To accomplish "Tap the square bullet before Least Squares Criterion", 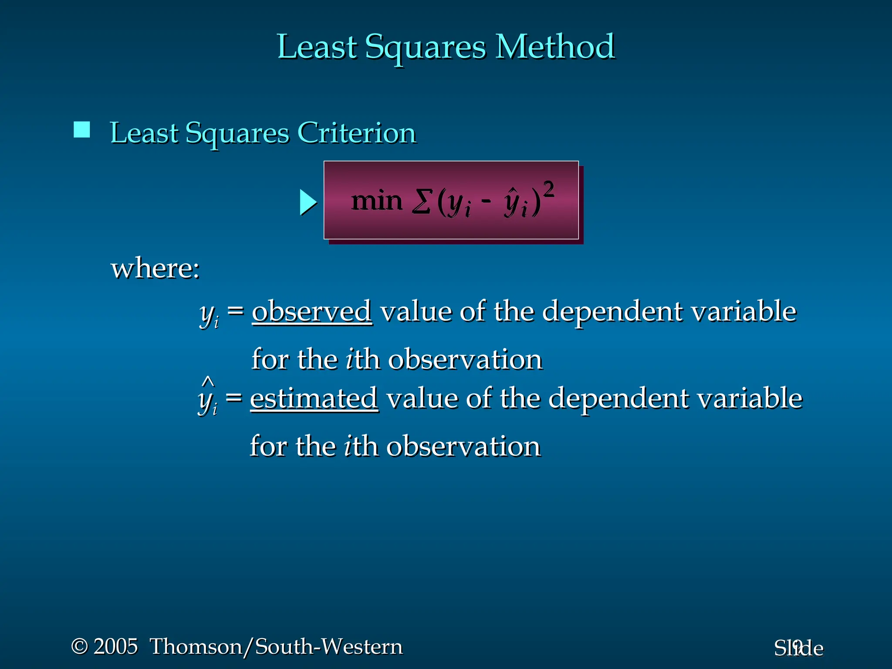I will coord(82,130).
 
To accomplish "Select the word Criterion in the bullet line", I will coord(357,133).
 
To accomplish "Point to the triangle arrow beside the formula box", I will coord(308,203).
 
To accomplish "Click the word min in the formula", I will coord(377,201).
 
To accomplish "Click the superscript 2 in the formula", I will coord(549,190).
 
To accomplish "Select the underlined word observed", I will coord(312,311).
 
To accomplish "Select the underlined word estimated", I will coord(314,399).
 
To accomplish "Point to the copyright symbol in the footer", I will coord(79,646).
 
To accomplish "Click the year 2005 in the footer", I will coord(116,646).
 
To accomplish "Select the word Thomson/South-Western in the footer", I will coord(276,646).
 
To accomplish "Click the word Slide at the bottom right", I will coord(798,649).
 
